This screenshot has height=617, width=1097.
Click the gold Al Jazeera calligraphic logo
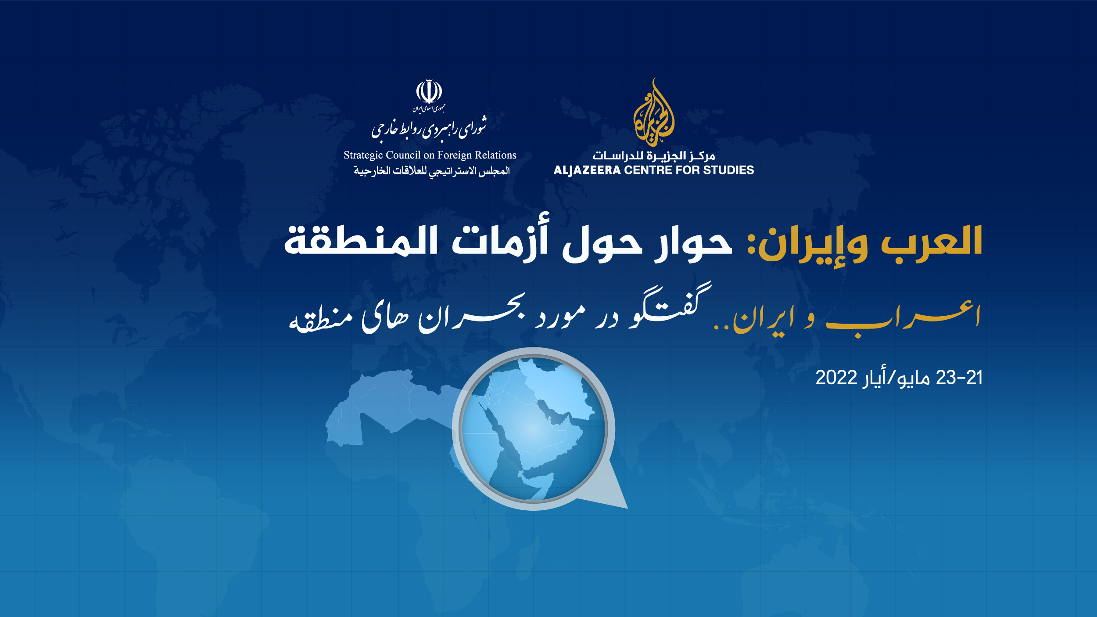653,113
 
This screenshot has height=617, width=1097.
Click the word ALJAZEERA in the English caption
587,170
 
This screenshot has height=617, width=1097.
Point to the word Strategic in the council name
363,155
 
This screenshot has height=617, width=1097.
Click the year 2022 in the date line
836,378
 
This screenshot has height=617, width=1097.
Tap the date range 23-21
959,378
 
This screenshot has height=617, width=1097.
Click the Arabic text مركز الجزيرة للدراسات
654,156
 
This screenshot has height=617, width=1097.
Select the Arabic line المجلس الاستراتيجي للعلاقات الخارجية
432,171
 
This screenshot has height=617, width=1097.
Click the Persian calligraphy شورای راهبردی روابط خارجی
429,129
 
